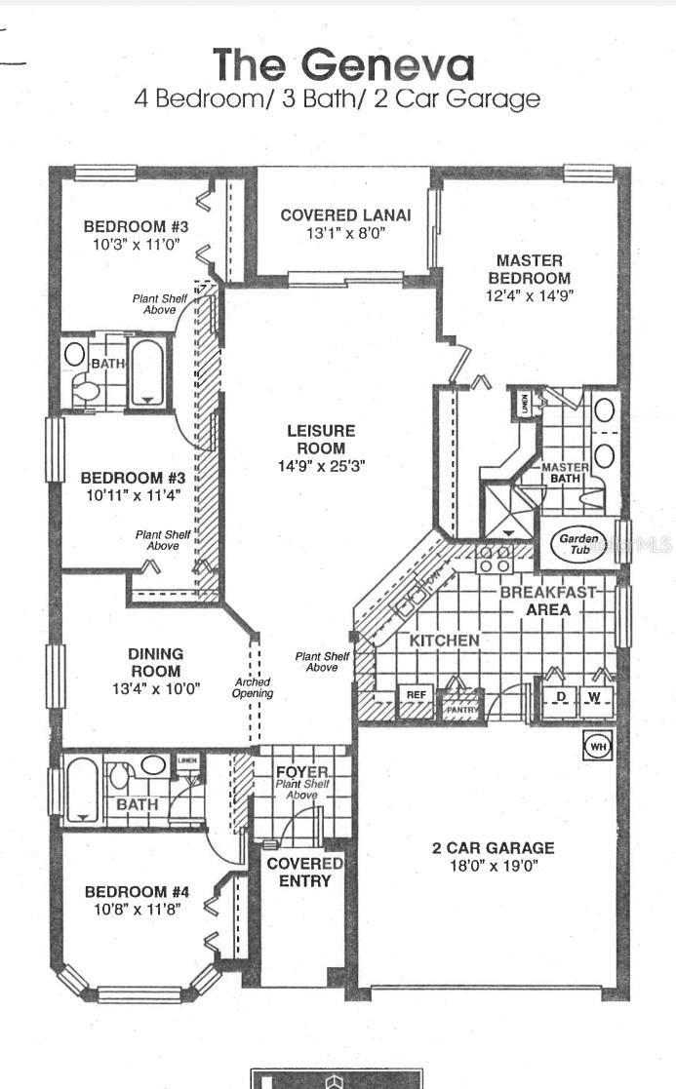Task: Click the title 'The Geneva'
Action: (x=344, y=64)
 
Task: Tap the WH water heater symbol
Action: (x=595, y=747)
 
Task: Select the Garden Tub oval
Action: (x=577, y=544)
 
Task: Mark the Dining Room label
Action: (x=155, y=662)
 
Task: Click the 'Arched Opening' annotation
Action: (x=253, y=688)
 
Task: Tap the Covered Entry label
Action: (x=304, y=872)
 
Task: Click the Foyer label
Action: (x=302, y=772)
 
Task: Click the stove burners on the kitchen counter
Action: (x=494, y=559)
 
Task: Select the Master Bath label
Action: (x=565, y=473)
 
